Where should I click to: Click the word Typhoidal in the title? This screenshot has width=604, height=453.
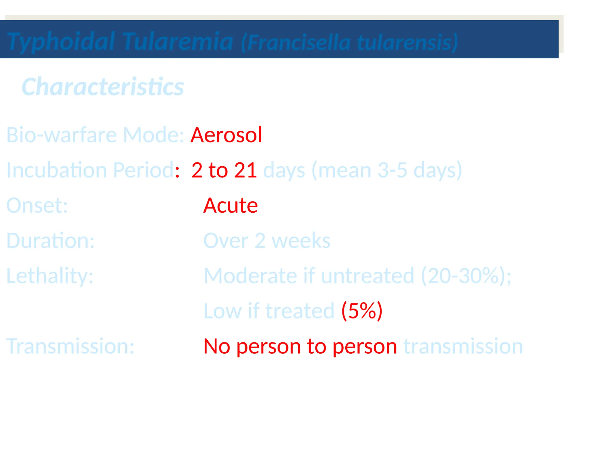point(61,42)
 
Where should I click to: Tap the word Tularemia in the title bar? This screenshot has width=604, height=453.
point(178,42)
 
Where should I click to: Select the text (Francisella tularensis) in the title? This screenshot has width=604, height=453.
point(349,43)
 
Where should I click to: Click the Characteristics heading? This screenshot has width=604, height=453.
point(103,87)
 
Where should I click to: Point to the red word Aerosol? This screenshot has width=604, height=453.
point(226,135)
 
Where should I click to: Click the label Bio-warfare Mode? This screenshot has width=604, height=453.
point(95,135)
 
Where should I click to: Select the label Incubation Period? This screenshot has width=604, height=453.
point(90,170)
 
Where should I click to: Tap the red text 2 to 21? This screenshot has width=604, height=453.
point(224,170)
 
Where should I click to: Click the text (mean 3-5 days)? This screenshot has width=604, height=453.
point(386,170)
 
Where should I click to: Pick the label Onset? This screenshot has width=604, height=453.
point(37,206)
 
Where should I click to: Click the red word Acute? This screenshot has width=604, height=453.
point(230,206)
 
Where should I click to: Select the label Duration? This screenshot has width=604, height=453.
point(50,241)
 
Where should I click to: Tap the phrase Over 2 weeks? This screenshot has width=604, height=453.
point(267,241)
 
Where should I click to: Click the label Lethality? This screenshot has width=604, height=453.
point(50,276)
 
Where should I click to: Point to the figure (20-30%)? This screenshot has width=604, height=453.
point(466,276)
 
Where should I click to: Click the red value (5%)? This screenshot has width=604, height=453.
point(362,311)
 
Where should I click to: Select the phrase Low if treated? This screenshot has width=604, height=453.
point(269,311)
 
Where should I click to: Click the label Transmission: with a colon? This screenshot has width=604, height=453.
point(70,346)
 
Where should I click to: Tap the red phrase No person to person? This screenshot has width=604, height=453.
point(300,346)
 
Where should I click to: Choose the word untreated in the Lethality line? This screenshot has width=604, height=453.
point(367,276)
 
